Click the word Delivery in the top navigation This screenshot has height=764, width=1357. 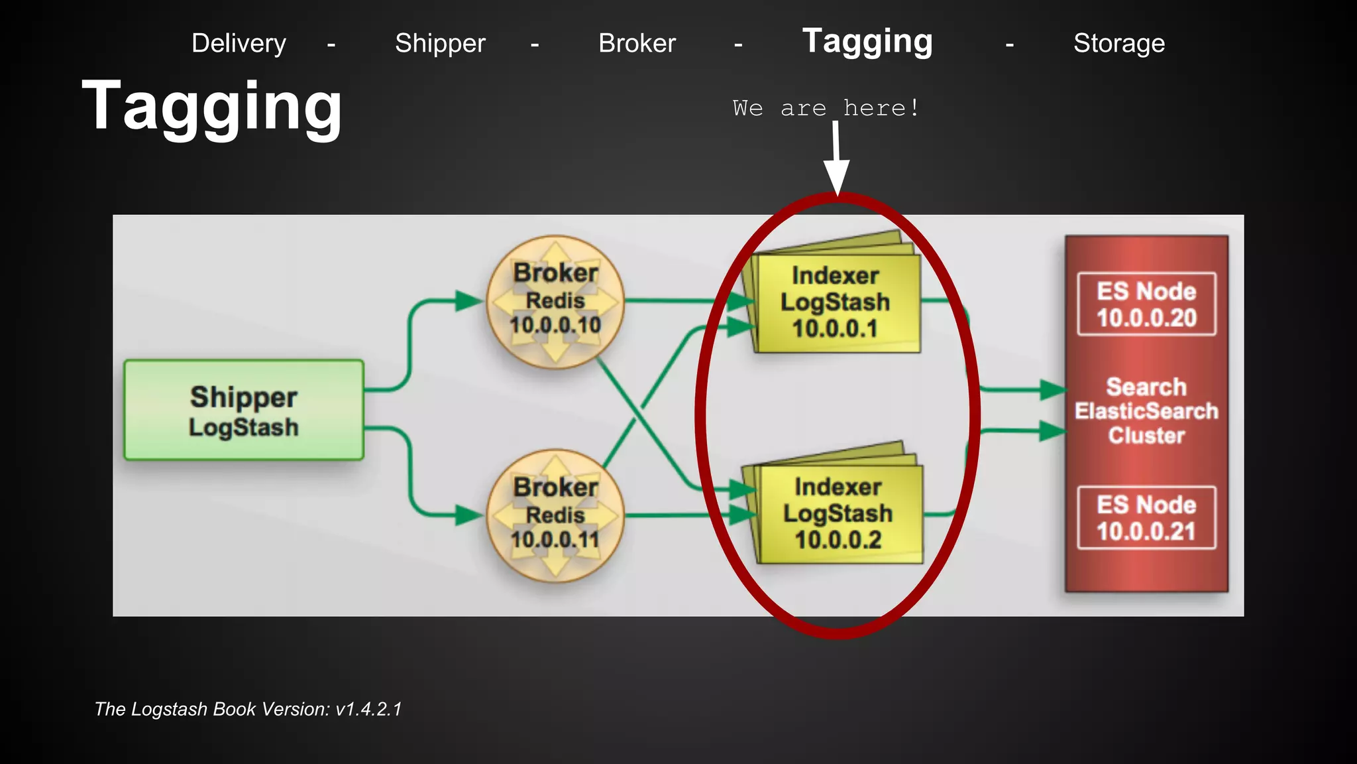pyautogui.click(x=239, y=44)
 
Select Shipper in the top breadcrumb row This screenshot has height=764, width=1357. pyautogui.click(x=440, y=44)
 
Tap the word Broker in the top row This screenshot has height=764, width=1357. pyautogui.click(x=637, y=44)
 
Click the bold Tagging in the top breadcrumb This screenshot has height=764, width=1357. pyautogui.click(x=867, y=42)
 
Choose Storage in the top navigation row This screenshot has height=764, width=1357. pyautogui.click(x=1118, y=44)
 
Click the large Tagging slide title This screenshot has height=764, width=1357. pyautogui.click(x=212, y=106)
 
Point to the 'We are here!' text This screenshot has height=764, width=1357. pyautogui.click(x=826, y=108)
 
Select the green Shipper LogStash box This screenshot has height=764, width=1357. pyautogui.click(x=244, y=410)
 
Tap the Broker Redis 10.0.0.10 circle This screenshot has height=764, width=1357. pyautogui.click(x=555, y=302)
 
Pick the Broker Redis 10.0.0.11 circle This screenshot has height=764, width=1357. pyautogui.click(x=555, y=516)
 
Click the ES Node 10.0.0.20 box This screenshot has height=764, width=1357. pyautogui.click(x=1146, y=304)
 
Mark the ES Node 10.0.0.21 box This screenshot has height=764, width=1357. pyautogui.click(x=1146, y=518)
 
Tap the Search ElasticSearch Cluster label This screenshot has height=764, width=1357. pyautogui.click(x=1146, y=411)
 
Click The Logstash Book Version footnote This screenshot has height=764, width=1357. pyautogui.click(x=248, y=709)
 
